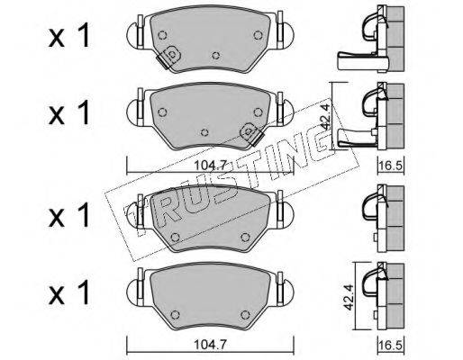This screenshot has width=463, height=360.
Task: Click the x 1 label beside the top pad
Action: click(69, 36)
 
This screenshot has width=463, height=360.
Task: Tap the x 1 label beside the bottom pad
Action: click(69, 292)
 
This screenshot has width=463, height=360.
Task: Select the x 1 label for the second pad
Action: click(69, 112)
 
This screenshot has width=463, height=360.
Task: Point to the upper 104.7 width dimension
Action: click(210, 166)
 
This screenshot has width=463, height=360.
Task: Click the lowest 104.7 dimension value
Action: click(210, 345)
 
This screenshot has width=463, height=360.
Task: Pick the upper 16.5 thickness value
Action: click(391, 166)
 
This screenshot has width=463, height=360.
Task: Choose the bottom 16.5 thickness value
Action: click(391, 345)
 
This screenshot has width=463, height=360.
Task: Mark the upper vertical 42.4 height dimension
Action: click(325, 116)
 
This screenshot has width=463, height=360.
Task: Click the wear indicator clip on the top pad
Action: click(168, 57)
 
